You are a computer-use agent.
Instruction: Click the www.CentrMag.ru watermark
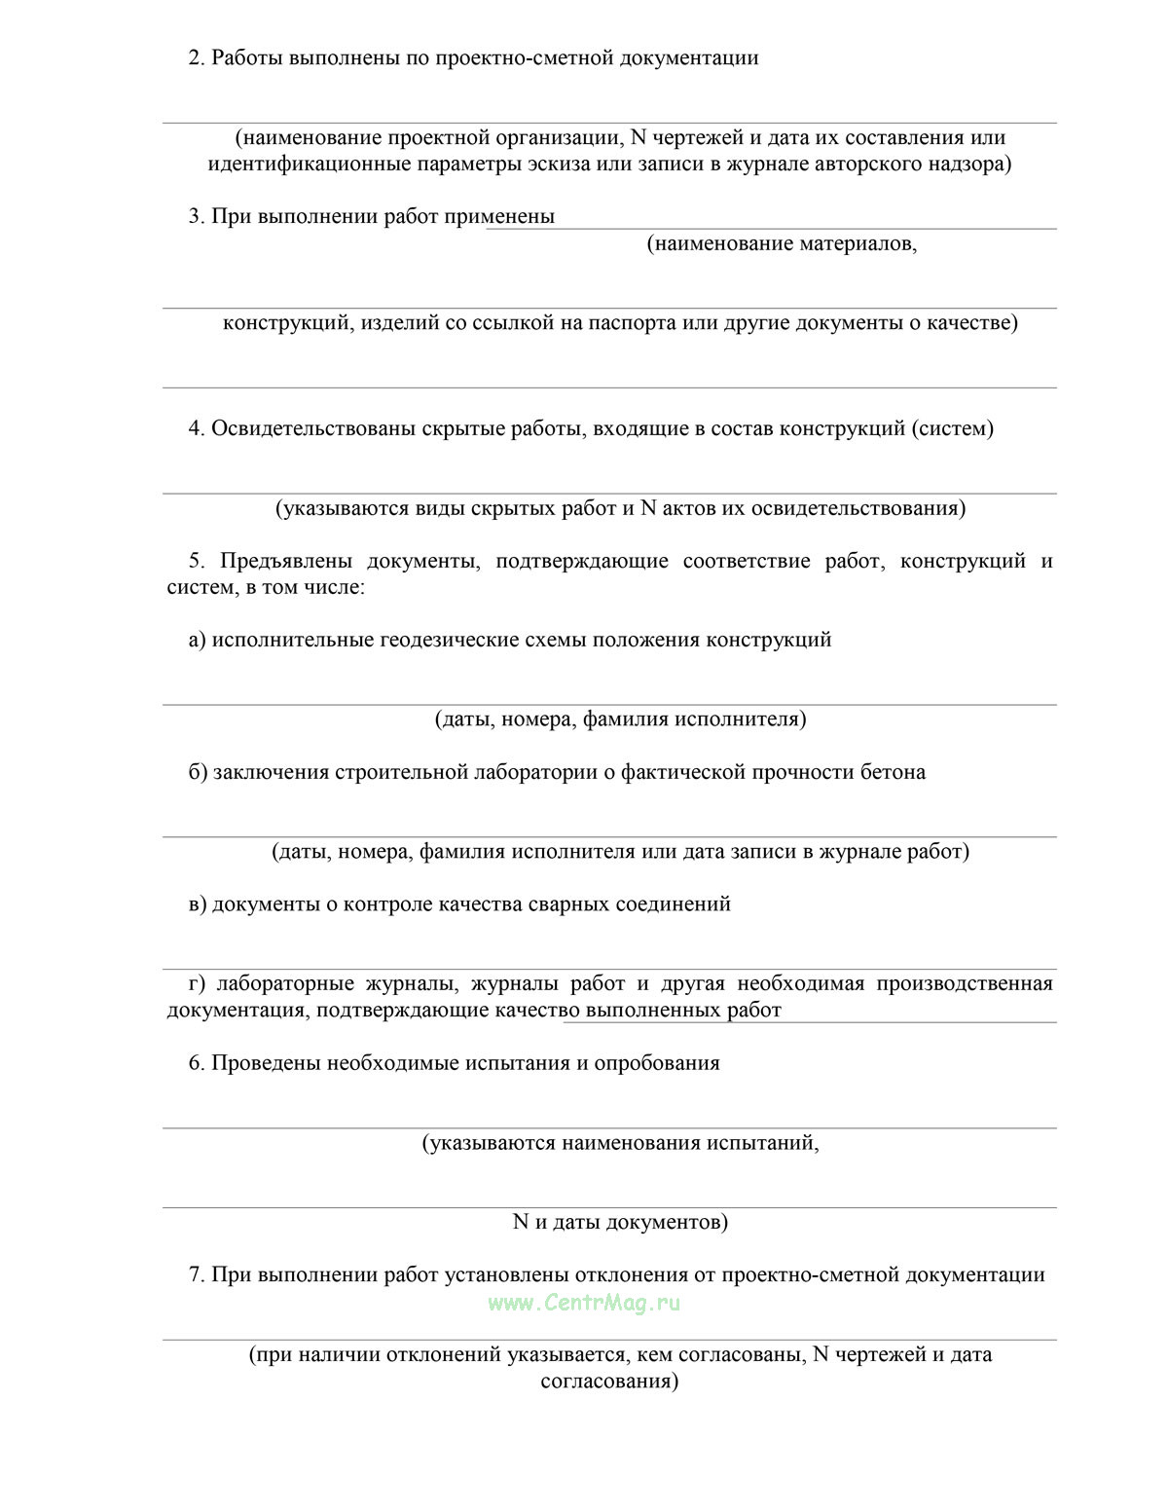pos(584,1303)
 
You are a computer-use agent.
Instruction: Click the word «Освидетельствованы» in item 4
pos(313,429)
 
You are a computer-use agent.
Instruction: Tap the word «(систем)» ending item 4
pos(953,429)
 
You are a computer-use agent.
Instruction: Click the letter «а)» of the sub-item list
pos(198,641)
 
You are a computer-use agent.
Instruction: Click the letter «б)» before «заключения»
pos(199,773)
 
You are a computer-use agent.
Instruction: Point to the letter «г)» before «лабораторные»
pos(197,984)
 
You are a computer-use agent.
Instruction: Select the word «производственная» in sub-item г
pos(964,984)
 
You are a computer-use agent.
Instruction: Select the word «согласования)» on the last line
pos(609,1382)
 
